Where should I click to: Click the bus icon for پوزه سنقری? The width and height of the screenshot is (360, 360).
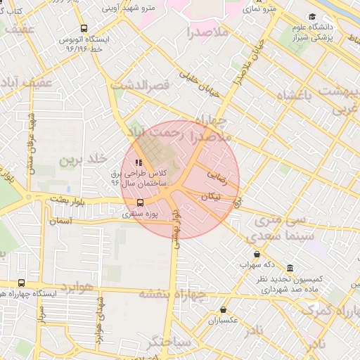[x=140, y=203]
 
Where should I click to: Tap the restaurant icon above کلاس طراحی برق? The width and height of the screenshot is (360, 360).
[x=138, y=164]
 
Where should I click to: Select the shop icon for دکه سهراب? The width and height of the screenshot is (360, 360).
[x=256, y=255]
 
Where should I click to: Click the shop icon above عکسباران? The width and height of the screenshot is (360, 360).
[x=224, y=309]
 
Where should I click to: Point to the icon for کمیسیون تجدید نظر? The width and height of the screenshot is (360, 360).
[x=290, y=269]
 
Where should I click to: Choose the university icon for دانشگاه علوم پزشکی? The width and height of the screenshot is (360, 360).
[x=311, y=17]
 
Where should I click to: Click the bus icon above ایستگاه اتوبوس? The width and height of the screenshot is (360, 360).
[x=84, y=29]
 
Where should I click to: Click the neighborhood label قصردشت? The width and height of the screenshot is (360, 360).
[x=141, y=84]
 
